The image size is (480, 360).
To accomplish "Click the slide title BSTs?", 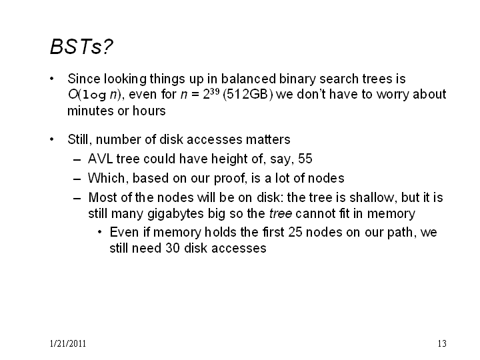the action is coord(81,47).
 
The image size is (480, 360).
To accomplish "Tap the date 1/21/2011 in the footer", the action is coord(67,343).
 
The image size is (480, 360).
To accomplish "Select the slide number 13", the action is coord(442,343).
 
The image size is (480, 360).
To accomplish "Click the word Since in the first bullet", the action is coord(83,79).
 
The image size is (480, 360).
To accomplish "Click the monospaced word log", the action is coord(94,95).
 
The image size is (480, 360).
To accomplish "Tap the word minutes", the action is coord(90,111).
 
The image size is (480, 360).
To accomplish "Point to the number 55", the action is coord(305,159).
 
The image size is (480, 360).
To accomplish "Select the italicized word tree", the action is coord(281,214).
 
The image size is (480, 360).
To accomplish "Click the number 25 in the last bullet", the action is coord(295,233).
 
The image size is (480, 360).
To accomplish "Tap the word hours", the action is coord(149,111).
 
